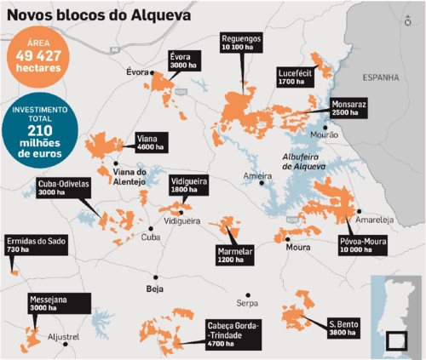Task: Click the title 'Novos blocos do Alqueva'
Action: click(98, 14)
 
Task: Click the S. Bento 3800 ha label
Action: click(345, 327)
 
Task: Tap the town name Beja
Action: click(154, 289)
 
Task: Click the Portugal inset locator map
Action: click(396, 315)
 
